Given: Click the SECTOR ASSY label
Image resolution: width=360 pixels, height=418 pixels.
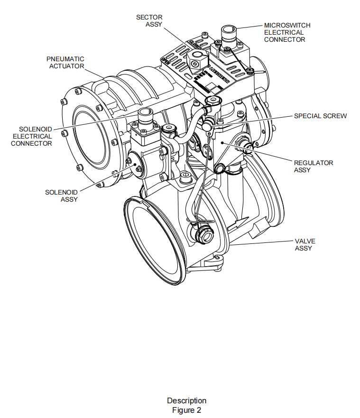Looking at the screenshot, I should tap(149, 20).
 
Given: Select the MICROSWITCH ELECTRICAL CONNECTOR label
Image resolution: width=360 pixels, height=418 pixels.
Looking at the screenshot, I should tap(287, 32).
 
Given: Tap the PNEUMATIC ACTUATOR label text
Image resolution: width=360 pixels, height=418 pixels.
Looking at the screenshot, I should tap(65, 62).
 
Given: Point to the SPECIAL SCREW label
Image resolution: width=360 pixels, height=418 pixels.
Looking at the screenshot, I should tap(320, 116).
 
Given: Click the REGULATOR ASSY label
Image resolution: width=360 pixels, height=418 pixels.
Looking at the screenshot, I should tap(314, 166).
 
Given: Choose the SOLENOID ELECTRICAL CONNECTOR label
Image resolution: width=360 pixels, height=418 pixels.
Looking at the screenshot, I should tap(32, 136).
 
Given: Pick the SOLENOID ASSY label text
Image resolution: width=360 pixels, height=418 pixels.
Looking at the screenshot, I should tap(61, 196).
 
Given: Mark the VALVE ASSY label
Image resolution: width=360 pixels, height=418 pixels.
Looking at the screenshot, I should tap(305, 244).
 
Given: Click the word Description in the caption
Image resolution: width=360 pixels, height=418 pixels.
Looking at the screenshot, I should tap(186, 400).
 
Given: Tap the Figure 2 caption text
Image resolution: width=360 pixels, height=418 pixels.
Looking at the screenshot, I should tap(186, 410).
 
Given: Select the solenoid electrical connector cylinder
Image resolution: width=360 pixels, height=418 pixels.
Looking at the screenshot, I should tap(145, 117).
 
